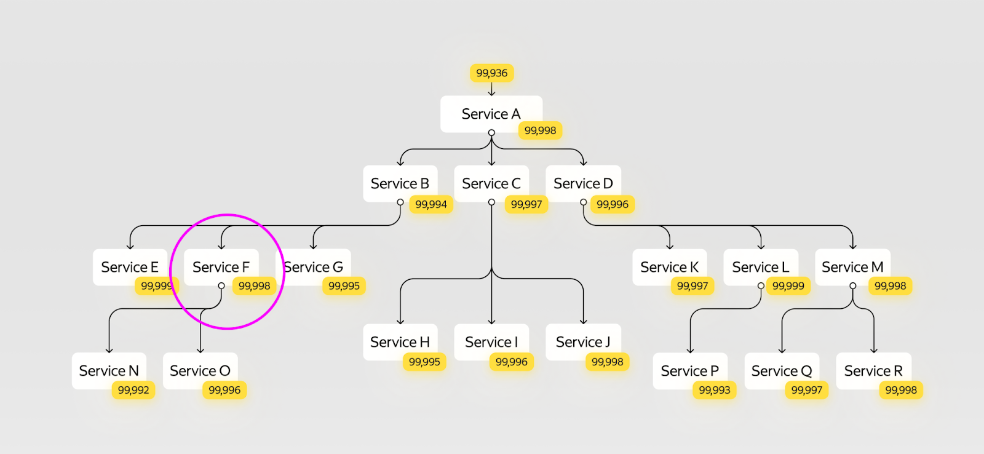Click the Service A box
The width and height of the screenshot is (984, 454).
(491, 114)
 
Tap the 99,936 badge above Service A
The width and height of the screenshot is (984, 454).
(491, 73)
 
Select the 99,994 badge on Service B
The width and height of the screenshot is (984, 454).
(431, 204)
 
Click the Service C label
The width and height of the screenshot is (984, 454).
(491, 183)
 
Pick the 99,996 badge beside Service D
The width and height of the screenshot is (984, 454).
(613, 204)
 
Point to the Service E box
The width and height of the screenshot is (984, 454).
(130, 267)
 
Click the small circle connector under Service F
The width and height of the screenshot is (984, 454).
(221, 285)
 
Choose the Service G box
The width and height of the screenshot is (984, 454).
(313, 267)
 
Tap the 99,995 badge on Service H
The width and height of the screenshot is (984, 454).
(424, 362)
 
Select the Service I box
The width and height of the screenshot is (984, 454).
(491, 342)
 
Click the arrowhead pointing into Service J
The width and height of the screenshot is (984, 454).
(584, 322)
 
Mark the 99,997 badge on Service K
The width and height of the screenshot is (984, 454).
(692, 286)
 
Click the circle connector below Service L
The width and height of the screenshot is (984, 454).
(761, 285)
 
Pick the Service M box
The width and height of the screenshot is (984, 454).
(852, 267)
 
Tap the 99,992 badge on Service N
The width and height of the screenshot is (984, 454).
(133, 390)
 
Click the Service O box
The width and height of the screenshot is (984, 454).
(200, 371)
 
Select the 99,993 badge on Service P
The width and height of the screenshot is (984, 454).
(714, 390)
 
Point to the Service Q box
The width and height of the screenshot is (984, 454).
(782, 371)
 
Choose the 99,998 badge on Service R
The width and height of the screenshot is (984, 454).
(901, 390)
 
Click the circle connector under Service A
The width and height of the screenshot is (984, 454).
(491, 132)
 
